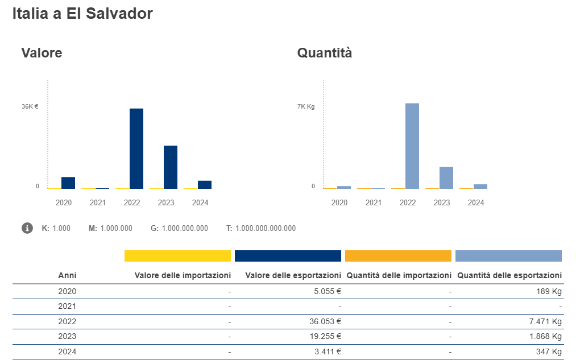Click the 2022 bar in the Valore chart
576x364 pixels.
tap(136, 148)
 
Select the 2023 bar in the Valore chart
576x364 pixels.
tap(171, 167)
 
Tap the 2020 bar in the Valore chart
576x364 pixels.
tap(68, 183)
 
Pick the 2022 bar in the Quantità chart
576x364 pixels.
tap(412, 146)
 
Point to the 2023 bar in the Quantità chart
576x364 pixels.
tap(446, 177)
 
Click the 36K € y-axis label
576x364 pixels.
tap(30, 106)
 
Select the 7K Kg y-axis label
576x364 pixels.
tap(306, 106)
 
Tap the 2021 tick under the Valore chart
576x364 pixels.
tap(98, 202)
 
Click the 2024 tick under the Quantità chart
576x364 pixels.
tap(476, 202)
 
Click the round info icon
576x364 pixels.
tap(27, 228)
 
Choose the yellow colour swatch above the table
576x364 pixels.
tap(177, 256)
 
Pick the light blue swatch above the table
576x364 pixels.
tap(508, 256)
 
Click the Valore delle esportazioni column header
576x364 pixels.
tap(293, 275)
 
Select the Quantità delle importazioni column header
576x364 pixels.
tap(399, 275)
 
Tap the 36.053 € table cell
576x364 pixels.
tap(322, 321)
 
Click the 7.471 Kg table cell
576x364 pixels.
tap(545, 321)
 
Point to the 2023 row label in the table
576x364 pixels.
tap(67, 336)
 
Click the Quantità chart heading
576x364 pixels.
tap(325, 53)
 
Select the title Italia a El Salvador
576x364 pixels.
tap(82, 14)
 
